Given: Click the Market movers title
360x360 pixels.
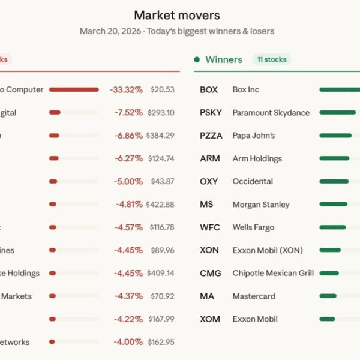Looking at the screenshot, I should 176,15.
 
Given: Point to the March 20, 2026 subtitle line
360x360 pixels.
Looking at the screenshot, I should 176,31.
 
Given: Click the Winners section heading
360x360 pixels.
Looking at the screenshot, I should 223,59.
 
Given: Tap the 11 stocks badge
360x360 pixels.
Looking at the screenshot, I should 271,59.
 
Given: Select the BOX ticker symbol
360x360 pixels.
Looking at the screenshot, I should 209,90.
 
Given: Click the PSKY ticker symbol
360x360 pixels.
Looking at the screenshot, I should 211,113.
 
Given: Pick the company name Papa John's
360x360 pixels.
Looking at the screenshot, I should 253,136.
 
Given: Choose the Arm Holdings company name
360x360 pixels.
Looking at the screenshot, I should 257,158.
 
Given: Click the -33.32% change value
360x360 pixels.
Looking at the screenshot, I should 126,90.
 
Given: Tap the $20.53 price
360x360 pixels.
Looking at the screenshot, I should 162,90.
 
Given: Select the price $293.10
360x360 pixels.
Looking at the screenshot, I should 161,113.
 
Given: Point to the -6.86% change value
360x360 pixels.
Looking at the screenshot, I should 128,136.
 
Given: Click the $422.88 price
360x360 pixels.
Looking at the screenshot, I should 161,205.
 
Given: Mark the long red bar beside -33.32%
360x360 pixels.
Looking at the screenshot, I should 74,90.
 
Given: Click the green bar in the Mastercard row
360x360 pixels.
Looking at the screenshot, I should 328,296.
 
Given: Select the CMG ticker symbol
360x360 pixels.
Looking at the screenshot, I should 211,273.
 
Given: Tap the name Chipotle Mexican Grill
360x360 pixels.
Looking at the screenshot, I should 273,273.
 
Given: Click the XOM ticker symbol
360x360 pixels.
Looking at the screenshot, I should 211,319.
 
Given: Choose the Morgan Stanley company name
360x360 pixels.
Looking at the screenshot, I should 260,205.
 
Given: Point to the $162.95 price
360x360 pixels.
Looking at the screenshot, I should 161,342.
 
